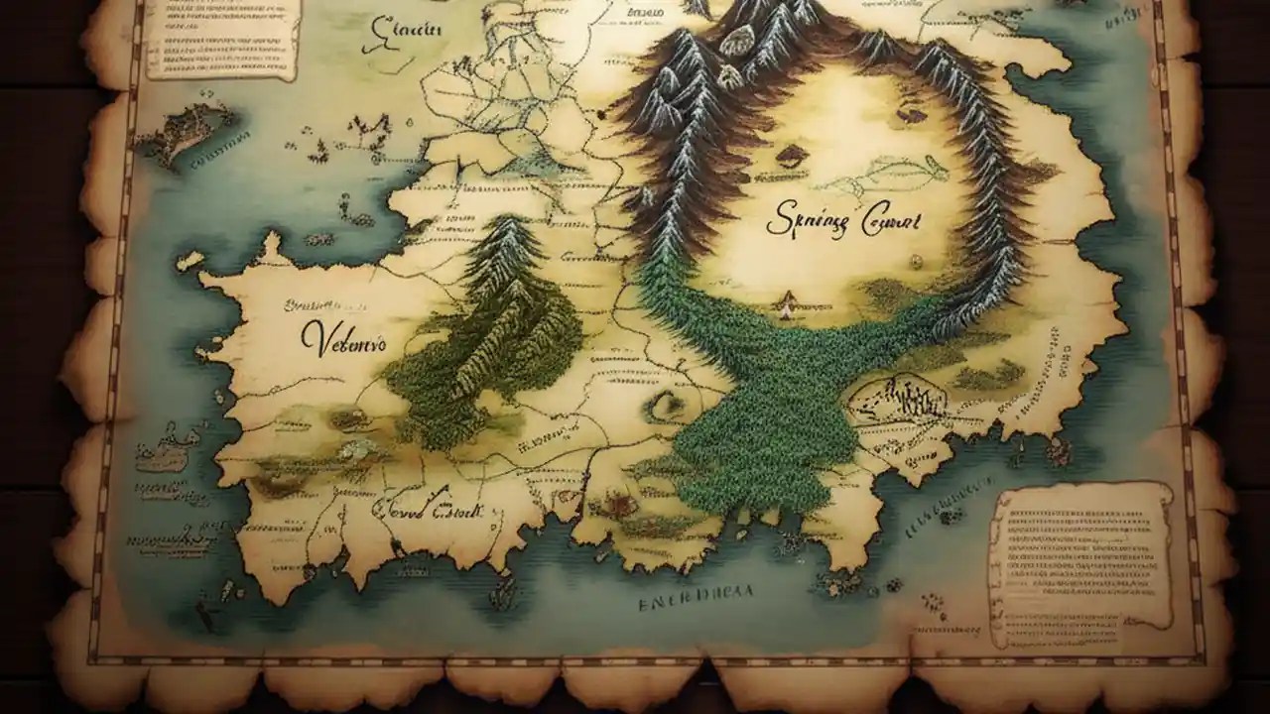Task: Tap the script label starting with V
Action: click(343, 340)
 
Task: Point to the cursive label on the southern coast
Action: click(427, 511)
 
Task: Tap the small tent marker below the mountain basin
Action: click(788, 303)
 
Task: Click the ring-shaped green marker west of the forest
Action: click(667, 404)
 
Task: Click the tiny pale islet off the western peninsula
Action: click(189, 260)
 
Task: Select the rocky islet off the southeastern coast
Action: click(1057, 451)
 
